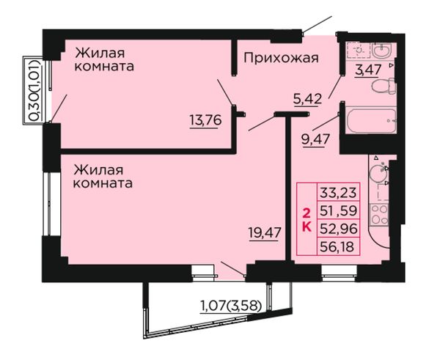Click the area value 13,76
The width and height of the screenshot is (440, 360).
[205, 121]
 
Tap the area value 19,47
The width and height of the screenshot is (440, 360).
[265, 233]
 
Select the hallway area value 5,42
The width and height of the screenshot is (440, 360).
[307, 98]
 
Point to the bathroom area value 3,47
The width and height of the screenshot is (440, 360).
[368, 70]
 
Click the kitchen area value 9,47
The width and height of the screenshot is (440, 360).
[315, 139]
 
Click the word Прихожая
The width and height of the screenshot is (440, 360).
[281, 59]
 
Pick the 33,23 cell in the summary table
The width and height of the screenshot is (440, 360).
[338, 193]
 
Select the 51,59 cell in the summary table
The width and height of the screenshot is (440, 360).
[338, 210]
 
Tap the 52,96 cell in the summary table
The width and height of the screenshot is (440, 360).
[338, 229]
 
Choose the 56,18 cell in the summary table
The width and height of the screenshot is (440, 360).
[338, 246]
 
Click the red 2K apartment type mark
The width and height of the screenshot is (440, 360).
[307, 221]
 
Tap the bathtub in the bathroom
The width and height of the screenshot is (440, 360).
[371, 121]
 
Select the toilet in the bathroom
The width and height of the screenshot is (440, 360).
[384, 86]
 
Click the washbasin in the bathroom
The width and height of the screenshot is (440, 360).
[381, 51]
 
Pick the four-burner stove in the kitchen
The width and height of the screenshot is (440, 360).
[379, 215]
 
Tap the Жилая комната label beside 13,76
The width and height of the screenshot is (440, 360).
[103, 60]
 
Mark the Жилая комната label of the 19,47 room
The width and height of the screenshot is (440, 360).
[103, 177]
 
